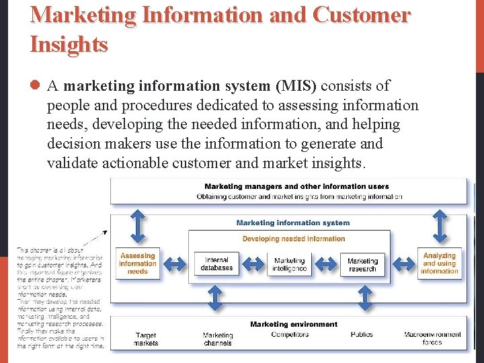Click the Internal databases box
pyautogui.click(x=216, y=264)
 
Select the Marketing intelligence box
pyautogui.click(x=290, y=265)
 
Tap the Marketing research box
pyautogui.click(x=362, y=265)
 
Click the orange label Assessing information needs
pyautogui.click(x=138, y=264)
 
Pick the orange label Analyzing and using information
pyautogui.click(x=440, y=263)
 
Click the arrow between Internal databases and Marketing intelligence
pyautogui.click(x=253, y=264)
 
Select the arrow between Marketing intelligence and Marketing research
pyautogui.click(x=326, y=264)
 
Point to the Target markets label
pyautogui.click(x=146, y=339)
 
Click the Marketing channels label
pyautogui.click(x=218, y=339)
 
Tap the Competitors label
pyautogui.click(x=290, y=334)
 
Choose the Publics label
pyautogui.click(x=362, y=334)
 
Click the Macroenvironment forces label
pyautogui.click(x=432, y=338)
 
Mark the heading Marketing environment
pyautogui.click(x=294, y=324)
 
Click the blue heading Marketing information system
pyautogui.click(x=293, y=223)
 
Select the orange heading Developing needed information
pyautogui.click(x=294, y=239)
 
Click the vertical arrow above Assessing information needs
pyautogui.click(x=138, y=226)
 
